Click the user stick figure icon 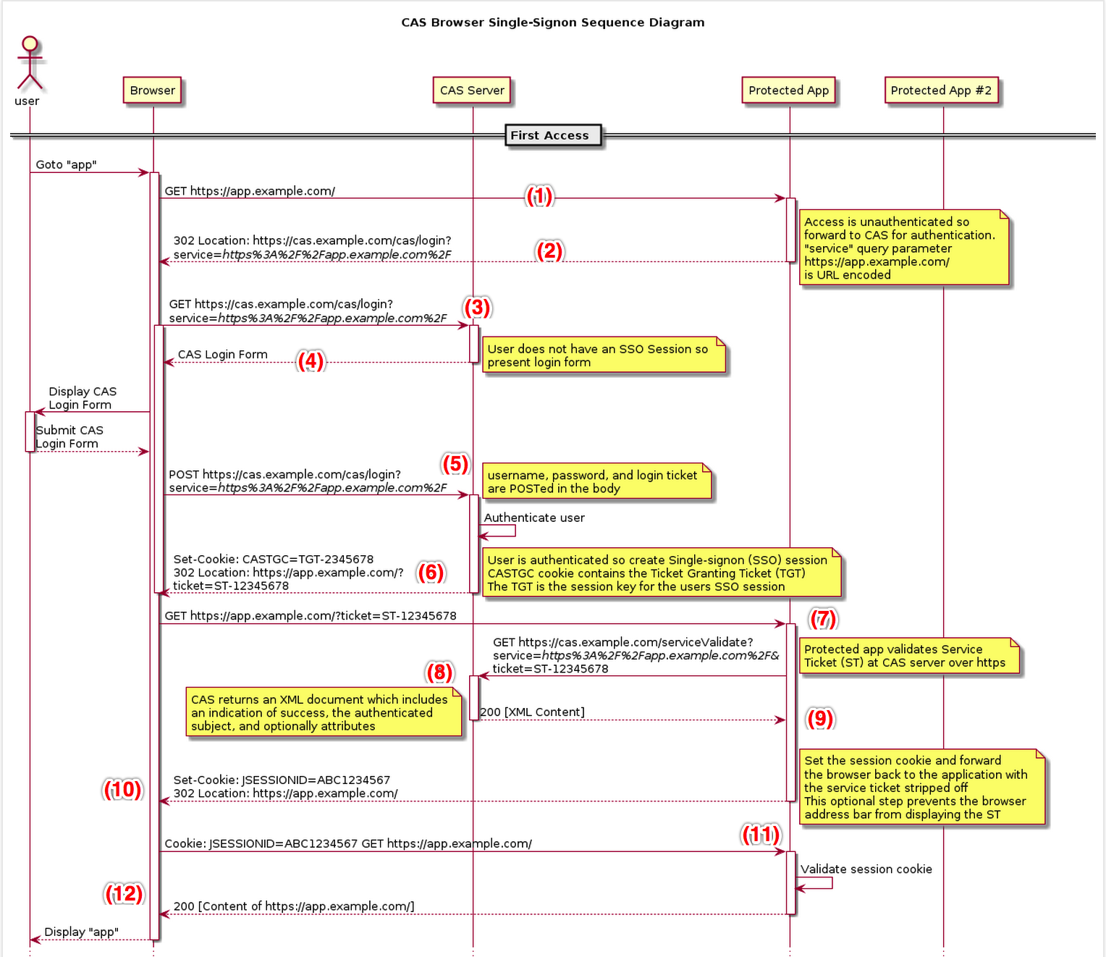(30, 63)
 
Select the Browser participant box (153, 90)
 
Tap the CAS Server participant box (472, 90)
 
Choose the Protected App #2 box (941, 90)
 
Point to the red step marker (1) (539, 196)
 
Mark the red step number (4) (311, 361)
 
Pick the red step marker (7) (823, 619)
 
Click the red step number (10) (122, 789)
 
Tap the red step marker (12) (124, 893)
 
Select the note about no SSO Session (603, 355)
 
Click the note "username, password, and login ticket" (596, 481)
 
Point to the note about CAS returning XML (323, 712)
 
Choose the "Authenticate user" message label (534, 518)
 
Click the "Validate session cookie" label (866, 869)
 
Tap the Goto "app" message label (66, 164)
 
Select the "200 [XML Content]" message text (532, 712)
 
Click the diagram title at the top (552, 22)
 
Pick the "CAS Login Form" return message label (222, 354)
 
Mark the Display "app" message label (81, 932)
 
